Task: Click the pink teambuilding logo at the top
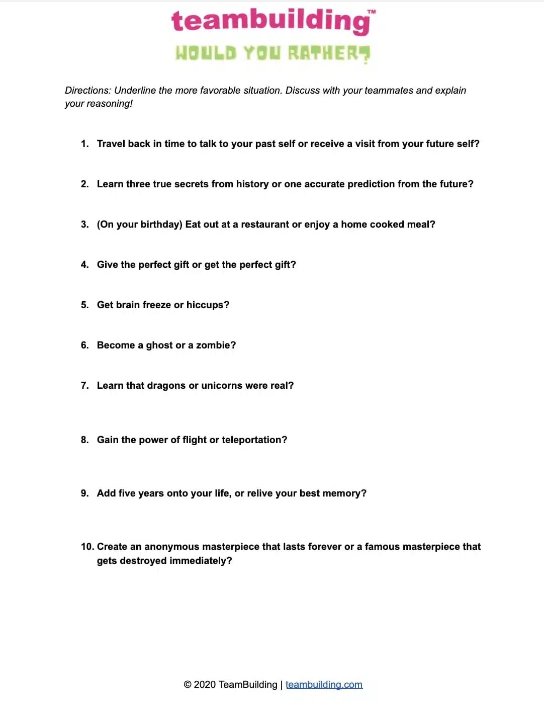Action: pos(272,21)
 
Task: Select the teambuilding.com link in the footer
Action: pos(324,685)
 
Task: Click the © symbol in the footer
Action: pos(188,685)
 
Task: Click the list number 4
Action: pos(84,265)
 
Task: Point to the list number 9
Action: pos(84,493)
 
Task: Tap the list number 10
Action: pos(86,547)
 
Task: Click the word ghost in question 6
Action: pos(159,345)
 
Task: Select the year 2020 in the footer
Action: pos(205,685)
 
